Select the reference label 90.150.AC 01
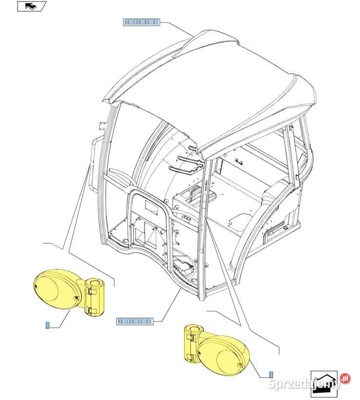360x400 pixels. tap(135, 321)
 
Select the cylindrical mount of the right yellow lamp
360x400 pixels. tap(190, 344)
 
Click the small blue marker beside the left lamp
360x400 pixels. tap(47, 326)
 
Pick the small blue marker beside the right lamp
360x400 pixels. tap(271, 375)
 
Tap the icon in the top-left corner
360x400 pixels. tap(32, 7)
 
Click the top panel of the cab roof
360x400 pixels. tap(210, 83)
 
